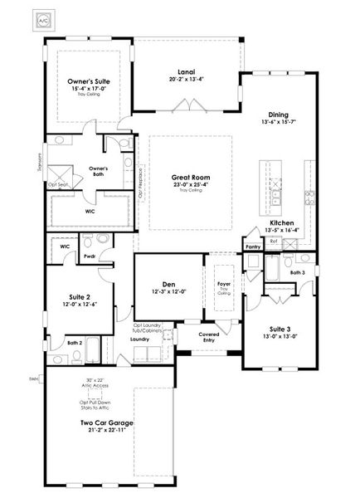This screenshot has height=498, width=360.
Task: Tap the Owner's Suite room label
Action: tap(89, 81)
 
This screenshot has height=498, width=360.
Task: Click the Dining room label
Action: tap(278, 115)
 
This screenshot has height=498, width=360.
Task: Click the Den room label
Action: tap(169, 283)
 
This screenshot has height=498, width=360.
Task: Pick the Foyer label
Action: tap(223, 283)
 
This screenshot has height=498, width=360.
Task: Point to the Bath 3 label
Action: tap(297, 271)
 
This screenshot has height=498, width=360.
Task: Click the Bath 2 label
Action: tap(74, 342)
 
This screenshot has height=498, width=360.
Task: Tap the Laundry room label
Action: tap(139, 339)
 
